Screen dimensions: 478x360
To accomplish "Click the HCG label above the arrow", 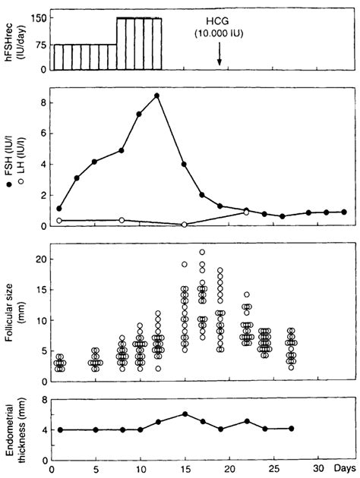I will click(x=218, y=23).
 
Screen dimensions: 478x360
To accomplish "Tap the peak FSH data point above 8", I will click(x=156, y=96).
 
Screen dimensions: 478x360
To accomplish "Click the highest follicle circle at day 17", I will click(x=202, y=252).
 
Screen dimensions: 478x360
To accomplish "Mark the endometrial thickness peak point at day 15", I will click(x=184, y=414).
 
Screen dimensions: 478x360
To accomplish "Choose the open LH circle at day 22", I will click(x=246, y=212).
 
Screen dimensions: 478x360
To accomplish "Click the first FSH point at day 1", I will click(x=59, y=208).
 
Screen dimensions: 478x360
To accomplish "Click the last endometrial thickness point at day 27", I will click(x=291, y=429).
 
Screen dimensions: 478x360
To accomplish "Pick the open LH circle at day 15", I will click(x=184, y=225).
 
